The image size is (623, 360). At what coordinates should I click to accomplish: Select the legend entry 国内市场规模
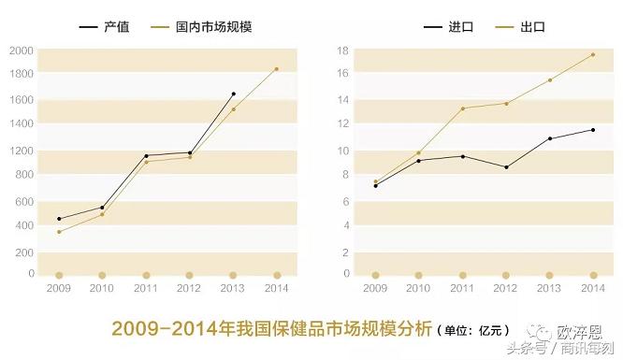213,28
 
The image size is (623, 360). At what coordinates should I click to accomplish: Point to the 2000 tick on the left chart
21,50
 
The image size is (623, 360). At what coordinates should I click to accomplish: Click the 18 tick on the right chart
343,50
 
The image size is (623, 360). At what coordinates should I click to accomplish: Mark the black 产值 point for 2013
233,94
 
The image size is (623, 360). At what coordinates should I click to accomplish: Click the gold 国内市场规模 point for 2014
277,68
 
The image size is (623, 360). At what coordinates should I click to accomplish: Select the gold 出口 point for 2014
593,54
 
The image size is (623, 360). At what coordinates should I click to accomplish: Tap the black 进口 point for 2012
506,167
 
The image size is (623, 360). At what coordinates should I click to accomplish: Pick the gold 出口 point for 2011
462,108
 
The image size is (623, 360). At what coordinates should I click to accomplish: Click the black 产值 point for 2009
59,219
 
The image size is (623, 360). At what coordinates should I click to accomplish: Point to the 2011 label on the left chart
146,289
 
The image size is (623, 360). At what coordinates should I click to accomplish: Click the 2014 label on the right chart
593,289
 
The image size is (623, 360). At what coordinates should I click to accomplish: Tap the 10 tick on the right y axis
343,150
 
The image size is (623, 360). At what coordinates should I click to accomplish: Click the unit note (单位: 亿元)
473,330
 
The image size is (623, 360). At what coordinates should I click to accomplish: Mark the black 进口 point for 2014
593,130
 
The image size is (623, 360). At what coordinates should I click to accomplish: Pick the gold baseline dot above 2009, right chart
375,275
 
